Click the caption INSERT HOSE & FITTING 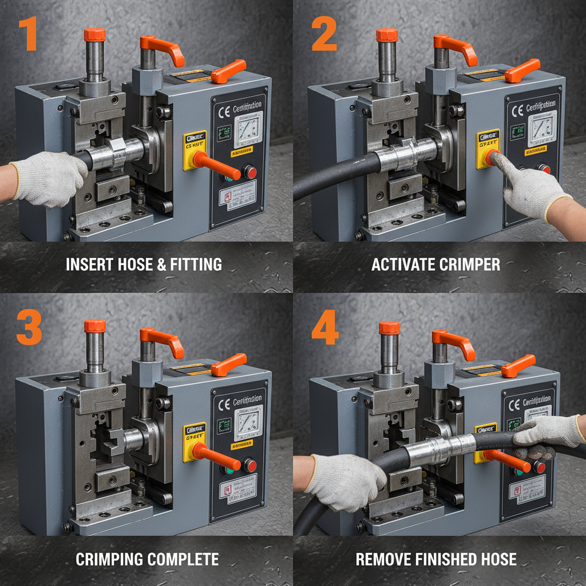(144, 264)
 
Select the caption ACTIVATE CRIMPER (435, 264)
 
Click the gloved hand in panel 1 (49, 177)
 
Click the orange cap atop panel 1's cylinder (95, 34)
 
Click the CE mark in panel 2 (517, 110)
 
